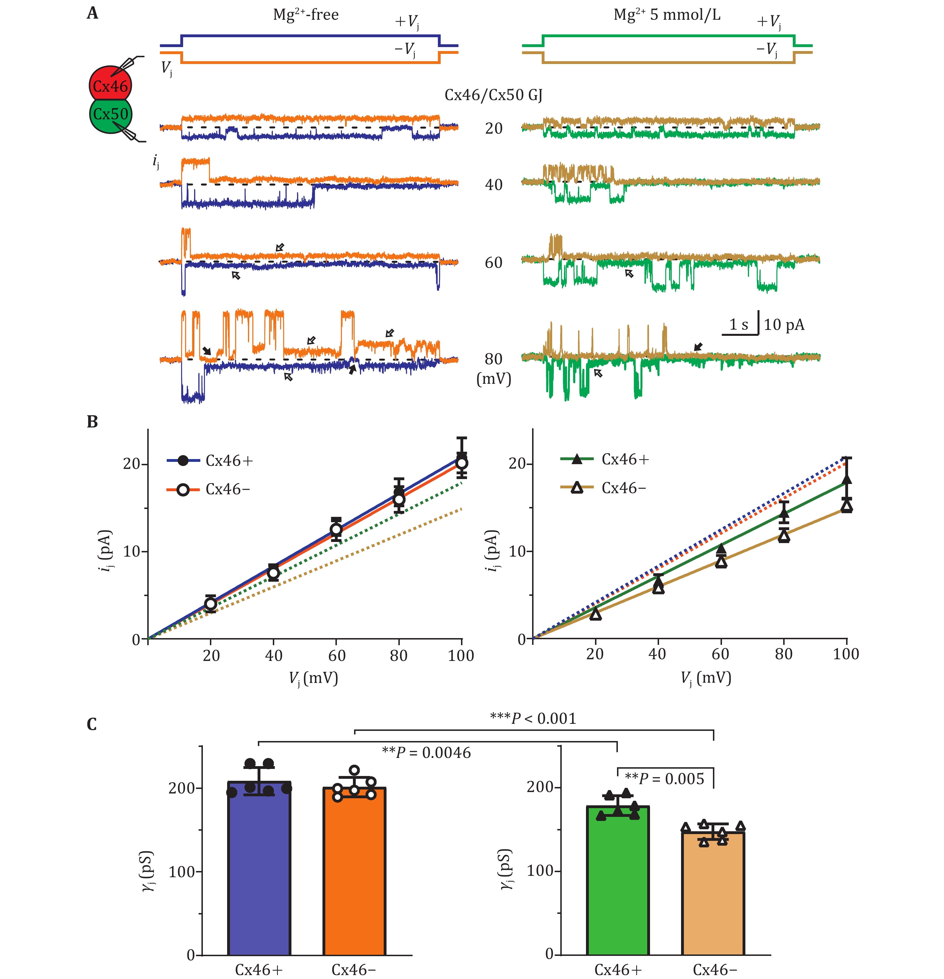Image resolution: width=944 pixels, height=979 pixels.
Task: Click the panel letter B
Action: (93, 422)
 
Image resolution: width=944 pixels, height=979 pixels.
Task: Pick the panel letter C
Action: (92, 724)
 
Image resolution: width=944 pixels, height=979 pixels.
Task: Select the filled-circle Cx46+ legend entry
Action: (210, 460)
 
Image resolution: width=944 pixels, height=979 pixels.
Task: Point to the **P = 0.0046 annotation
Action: (426, 753)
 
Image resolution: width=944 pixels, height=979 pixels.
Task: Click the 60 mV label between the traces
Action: (494, 263)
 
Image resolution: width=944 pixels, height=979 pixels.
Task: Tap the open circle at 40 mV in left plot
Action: (273, 573)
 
